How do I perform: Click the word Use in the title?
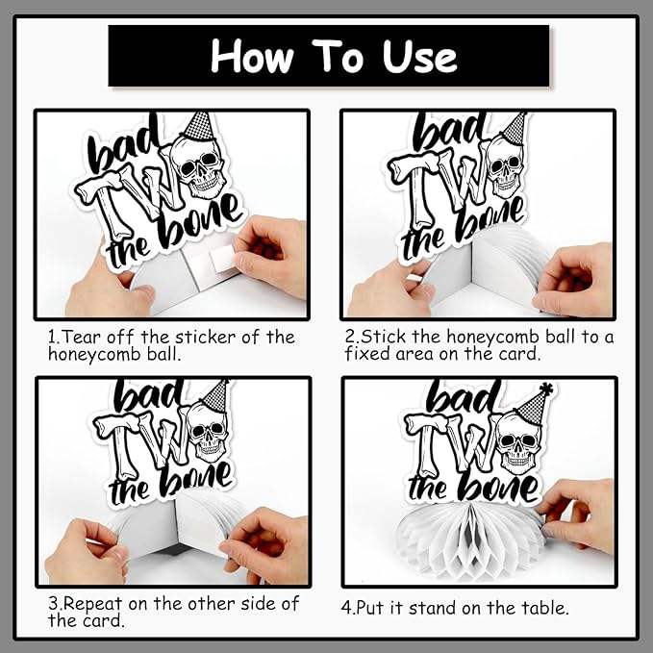[x=419, y=57]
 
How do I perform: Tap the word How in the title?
[x=252, y=56]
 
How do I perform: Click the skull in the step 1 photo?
[x=199, y=166]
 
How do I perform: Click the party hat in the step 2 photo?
[x=514, y=128]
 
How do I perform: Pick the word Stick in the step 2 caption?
[x=383, y=337]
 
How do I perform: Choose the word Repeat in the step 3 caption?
[x=93, y=604]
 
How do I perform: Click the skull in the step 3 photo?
[x=207, y=432]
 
